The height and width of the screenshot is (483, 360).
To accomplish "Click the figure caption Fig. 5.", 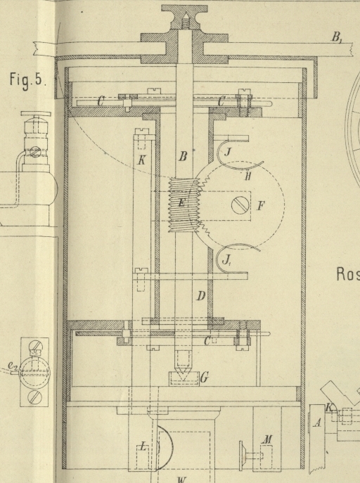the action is [28, 79].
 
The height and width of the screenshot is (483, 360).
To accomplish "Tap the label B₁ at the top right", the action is [337, 37].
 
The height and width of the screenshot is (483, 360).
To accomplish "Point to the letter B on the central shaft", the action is [183, 157].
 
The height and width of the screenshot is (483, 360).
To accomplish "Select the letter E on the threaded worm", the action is [182, 202].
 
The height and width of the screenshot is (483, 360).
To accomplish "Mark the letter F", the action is [261, 205].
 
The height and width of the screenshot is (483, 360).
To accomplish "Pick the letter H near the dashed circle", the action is [248, 176].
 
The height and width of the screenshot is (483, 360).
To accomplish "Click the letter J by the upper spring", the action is [228, 151].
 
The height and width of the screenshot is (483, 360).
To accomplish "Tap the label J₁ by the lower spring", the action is [227, 261].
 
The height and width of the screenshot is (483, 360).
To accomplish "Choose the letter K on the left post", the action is [141, 160].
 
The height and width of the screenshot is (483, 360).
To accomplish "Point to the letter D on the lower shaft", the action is [201, 296].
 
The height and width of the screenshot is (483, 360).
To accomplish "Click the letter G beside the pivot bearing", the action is [205, 378].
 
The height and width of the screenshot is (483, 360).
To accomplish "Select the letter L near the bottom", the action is [143, 446].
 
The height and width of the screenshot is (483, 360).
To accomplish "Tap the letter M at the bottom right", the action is [266, 439].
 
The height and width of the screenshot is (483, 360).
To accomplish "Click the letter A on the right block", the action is [318, 423].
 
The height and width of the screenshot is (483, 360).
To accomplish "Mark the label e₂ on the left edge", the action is [13, 366].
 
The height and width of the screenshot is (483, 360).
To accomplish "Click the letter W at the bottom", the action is [182, 479].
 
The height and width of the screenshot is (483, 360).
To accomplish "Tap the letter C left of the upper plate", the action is [101, 101].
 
